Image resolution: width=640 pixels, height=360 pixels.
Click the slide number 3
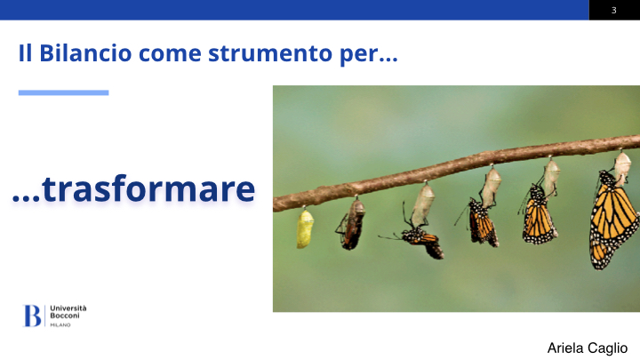click(613, 10)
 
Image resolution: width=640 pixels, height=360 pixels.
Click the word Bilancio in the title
click(85, 53)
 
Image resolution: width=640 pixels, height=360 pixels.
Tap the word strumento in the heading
click(270, 54)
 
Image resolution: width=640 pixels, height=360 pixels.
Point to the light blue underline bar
click(64, 92)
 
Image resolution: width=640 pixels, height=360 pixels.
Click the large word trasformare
click(148, 189)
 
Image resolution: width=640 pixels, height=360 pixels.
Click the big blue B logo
click(32, 316)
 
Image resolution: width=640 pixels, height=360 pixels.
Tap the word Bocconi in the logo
click(65, 316)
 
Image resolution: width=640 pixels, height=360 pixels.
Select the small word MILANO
click(60, 325)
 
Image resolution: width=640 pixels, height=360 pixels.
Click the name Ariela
click(565, 348)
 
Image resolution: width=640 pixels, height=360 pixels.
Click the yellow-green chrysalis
click(305, 228)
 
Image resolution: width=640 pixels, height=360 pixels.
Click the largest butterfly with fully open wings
click(612, 220)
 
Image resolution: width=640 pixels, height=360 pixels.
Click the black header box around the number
click(614, 10)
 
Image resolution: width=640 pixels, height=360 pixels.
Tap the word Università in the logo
click(68, 308)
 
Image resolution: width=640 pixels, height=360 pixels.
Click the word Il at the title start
click(25, 53)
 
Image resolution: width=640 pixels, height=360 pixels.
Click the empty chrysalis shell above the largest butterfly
click(622, 166)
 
